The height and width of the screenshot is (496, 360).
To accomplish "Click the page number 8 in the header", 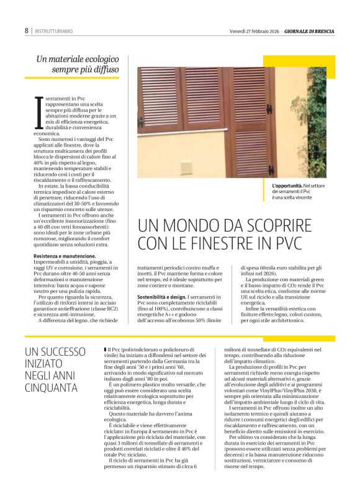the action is click(27, 30).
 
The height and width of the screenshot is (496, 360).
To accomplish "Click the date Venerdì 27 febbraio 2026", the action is click(254, 30).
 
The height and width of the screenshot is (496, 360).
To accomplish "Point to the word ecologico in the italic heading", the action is click(102, 60).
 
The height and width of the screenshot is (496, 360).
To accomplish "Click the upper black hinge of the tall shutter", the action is click(269, 109).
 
